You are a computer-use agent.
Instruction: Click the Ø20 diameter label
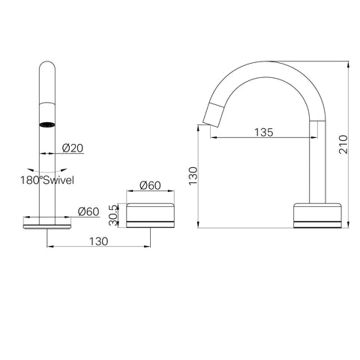pyautogui.click(x=73, y=148)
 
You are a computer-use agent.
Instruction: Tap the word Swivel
pyautogui.click(x=58, y=180)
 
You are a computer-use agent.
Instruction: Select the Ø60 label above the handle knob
pyautogui.click(x=150, y=185)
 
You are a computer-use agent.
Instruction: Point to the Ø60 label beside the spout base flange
pyautogui.click(x=88, y=211)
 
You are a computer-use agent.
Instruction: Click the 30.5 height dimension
pyautogui.click(x=113, y=215)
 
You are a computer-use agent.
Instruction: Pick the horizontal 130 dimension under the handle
pyautogui.click(x=99, y=241)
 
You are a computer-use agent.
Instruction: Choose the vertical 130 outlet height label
pyautogui.click(x=193, y=176)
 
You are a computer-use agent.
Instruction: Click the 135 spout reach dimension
pyautogui.click(x=264, y=133)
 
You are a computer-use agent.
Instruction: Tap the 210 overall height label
pyautogui.click(x=343, y=145)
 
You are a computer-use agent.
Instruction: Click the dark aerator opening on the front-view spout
pyautogui.click(x=47, y=124)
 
